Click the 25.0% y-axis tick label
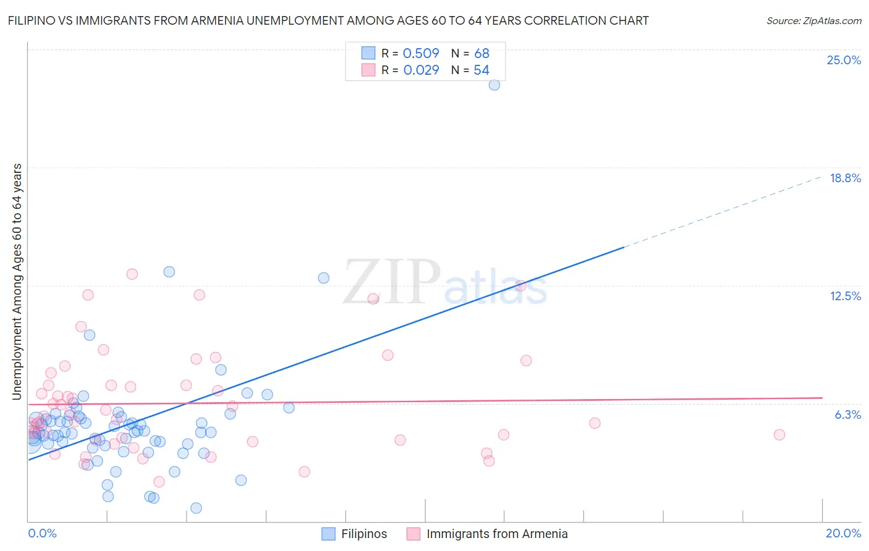tap(844, 60)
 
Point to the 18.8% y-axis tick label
tap(845, 178)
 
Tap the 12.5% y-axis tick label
tap(845, 296)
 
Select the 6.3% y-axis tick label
tap(847, 414)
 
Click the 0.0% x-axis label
tap(42, 533)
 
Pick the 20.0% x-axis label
tap(843, 533)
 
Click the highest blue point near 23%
tap(494, 85)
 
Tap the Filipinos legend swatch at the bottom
tap(329, 534)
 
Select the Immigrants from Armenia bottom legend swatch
tap(413, 534)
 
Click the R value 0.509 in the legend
tap(421, 54)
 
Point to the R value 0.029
tap(421, 70)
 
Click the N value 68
tap(481, 54)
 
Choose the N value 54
tap(481, 70)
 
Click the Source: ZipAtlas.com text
tap(813, 21)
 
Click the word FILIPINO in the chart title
tap(32, 21)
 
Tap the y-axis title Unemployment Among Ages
tap(17, 281)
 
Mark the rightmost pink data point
tap(779, 434)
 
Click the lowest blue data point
tap(196, 508)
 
